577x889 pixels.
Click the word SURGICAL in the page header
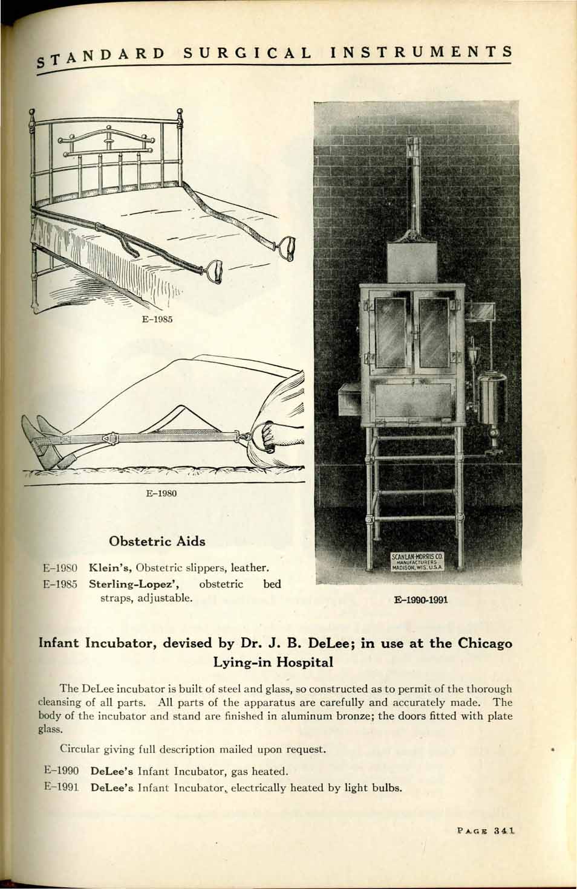(x=247, y=53)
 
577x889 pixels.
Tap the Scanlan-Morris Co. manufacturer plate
(x=418, y=561)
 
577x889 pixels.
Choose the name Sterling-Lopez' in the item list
(x=137, y=584)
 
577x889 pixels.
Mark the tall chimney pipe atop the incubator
(x=414, y=181)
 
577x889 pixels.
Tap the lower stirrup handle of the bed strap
(x=216, y=270)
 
